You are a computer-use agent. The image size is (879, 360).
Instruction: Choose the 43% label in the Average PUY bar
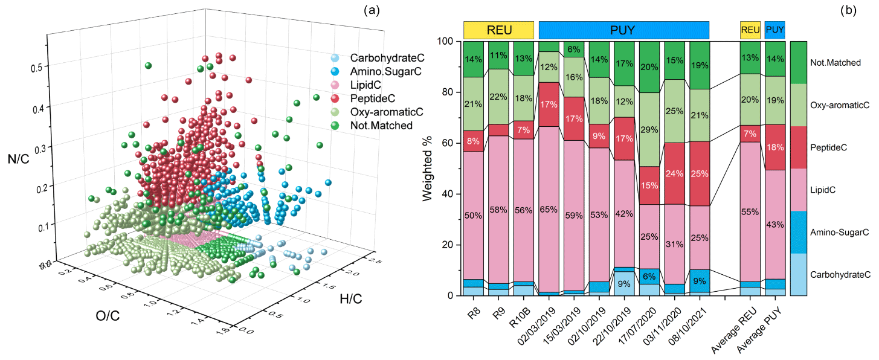click(x=776, y=225)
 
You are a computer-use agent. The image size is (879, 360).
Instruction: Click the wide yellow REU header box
click(x=498, y=30)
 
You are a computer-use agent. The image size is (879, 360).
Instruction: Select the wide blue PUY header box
click(x=623, y=30)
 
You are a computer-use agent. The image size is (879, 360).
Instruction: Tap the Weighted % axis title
click(x=428, y=169)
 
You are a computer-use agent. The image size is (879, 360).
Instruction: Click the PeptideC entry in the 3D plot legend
click(x=374, y=99)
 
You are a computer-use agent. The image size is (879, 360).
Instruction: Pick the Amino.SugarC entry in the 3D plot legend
click(x=385, y=72)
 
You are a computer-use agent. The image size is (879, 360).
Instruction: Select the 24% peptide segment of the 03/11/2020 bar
click(x=675, y=173)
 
